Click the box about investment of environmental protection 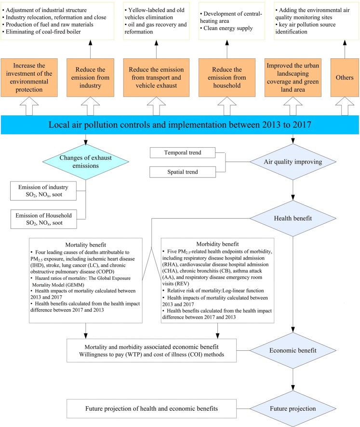click(x=29, y=77)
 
